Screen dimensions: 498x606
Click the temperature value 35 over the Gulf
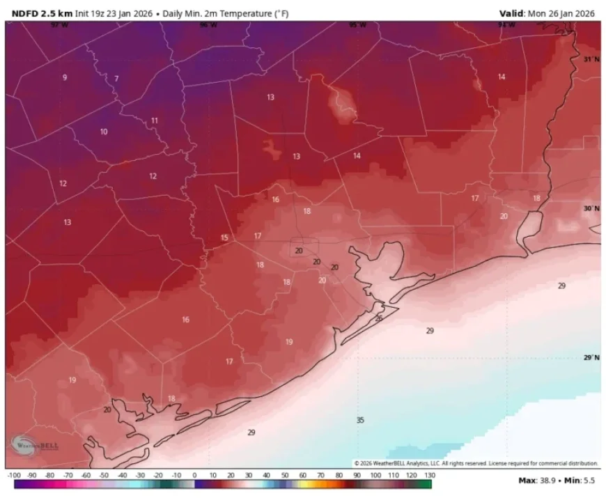(x=360, y=420)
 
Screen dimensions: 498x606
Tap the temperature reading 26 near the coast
(x=379, y=318)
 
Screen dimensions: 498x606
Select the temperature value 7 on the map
(x=116, y=79)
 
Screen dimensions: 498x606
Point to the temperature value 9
(x=65, y=77)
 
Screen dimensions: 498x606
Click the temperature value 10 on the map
(x=104, y=132)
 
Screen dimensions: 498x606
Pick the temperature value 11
(x=155, y=120)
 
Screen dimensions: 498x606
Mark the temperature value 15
(x=224, y=238)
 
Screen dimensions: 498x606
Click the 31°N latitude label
(x=591, y=60)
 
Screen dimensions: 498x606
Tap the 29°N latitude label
(x=591, y=357)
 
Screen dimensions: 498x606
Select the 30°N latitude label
(x=591, y=208)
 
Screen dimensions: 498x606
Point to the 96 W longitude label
(x=208, y=25)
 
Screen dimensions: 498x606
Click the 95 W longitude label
(x=357, y=25)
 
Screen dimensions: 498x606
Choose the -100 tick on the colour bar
(x=13, y=475)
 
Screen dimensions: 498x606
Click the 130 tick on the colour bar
(x=430, y=475)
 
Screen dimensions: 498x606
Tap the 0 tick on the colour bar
(x=194, y=475)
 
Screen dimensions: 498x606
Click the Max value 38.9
(x=545, y=480)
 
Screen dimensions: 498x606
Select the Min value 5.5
(x=589, y=480)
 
